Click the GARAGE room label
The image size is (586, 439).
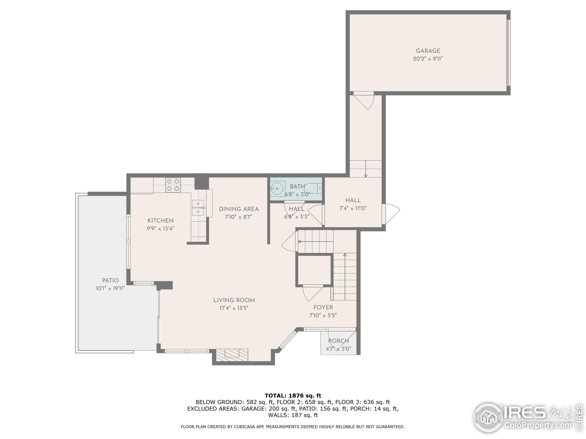pyautogui.click(x=428, y=51)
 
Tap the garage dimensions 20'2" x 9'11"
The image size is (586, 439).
pyautogui.click(x=428, y=59)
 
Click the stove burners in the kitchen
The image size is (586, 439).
pyautogui.click(x=173, y=185)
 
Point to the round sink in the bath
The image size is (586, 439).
pyautogui.click(x=277, y=188)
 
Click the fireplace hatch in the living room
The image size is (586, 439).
pyautogui.click(x=232, y=355)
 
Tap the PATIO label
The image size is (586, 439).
pyautogui.click(x=111, y=280)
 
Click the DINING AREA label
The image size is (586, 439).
pyautogui.click(x=239, y=209)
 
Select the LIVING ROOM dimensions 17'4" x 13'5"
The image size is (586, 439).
pyautogui.click(x=234, y=308)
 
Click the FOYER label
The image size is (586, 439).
pyautogui.click(x=323, y=307)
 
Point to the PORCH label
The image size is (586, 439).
pyautogui.click(x=338, y=341)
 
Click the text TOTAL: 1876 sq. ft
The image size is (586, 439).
pyautogui.click(x=293, y=396)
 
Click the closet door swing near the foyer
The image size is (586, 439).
pyautogui.click(x=313, y=293)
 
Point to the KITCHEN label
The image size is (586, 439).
pyautogui.click(x=160, y=220)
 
